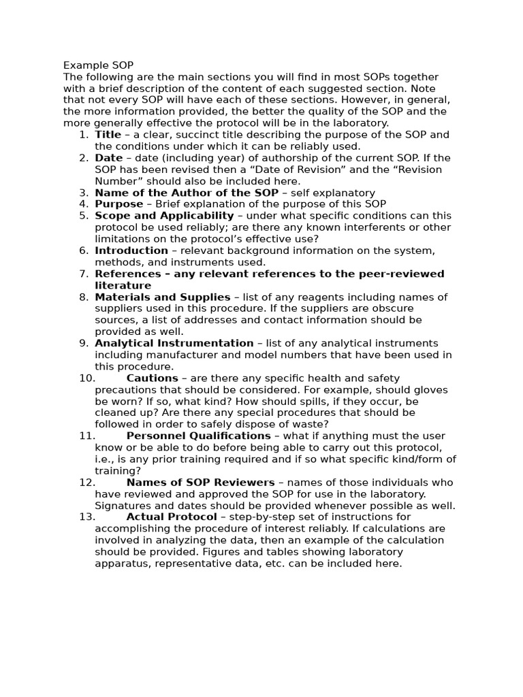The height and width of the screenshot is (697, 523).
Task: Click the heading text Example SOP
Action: (99, 65)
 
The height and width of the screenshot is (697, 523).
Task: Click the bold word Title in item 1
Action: (108, 135)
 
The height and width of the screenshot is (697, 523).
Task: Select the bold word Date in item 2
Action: (109, 158)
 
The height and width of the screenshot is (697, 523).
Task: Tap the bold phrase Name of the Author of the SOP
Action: (187, 193)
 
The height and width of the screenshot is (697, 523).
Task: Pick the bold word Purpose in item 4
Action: (119, 204)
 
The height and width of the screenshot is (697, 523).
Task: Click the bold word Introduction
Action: (131, 250)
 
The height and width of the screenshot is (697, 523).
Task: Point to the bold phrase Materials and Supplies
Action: (163, 297)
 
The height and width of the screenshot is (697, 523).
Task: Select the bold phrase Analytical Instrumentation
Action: (174, 343)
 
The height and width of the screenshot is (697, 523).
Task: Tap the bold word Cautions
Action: (152, 378)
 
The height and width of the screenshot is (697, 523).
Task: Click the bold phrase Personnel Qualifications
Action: (198, 436)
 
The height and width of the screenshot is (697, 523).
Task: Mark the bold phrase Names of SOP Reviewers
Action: (201, 483)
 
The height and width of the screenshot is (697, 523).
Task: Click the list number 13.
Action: (86, 517)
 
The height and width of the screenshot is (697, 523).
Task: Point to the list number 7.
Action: (83, 274)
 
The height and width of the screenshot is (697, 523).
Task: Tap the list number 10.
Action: (86, 378)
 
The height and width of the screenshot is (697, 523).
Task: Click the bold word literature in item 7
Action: (123, 285)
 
